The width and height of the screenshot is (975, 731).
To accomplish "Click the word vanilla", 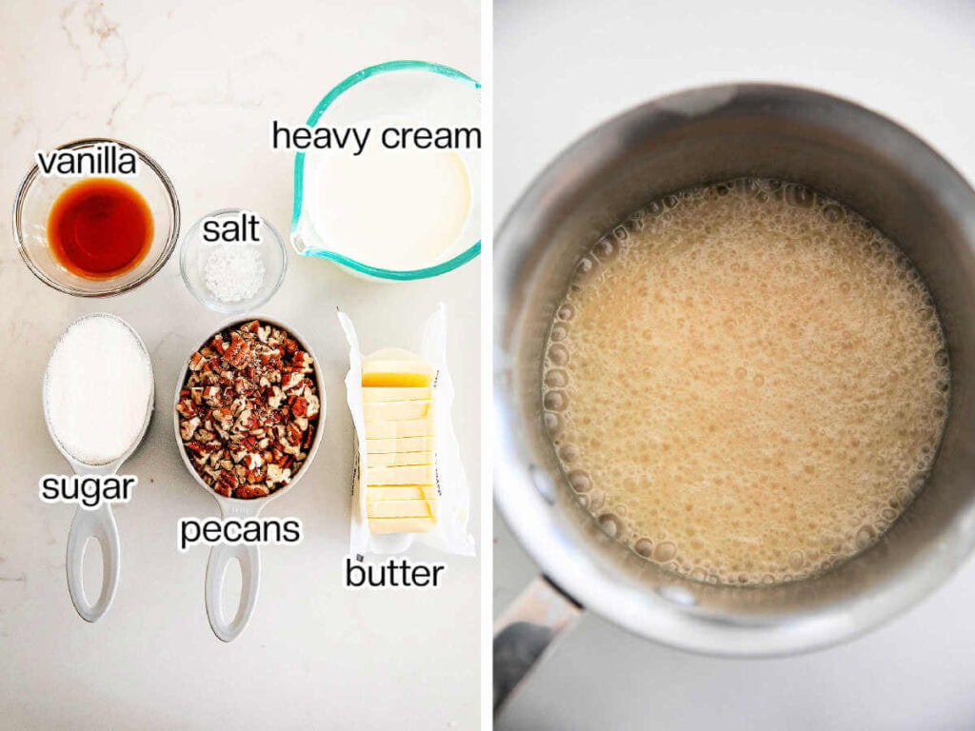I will [87, 161].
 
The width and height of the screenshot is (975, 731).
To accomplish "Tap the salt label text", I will [230, 228].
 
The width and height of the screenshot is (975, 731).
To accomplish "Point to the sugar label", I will [88, 488].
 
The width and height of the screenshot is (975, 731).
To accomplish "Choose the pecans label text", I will [240, 531].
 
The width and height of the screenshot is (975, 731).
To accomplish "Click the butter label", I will [394, 573].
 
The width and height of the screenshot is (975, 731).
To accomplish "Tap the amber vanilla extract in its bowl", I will [100, 228].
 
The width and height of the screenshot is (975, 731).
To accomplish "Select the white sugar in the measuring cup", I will [98, 390].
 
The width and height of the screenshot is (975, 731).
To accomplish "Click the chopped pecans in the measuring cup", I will [249, 409].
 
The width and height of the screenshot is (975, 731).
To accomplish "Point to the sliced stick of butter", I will [399, 443].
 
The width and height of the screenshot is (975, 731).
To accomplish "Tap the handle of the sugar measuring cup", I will [92, 562].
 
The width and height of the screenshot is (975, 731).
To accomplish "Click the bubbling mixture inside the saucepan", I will [743, 381].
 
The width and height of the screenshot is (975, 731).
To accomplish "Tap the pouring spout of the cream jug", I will [303, 243].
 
